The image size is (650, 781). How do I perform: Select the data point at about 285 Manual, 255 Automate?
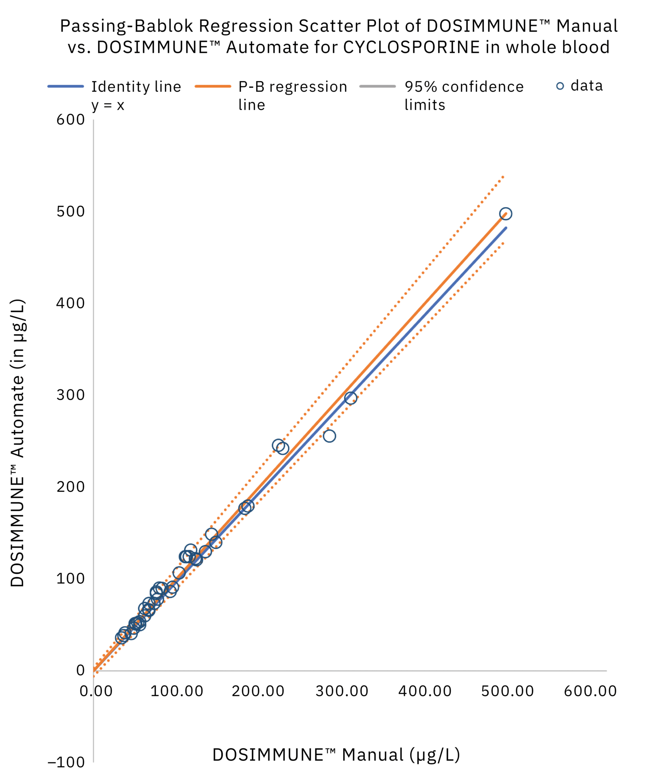click(329, 436)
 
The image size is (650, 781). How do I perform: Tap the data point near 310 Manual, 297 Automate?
click(350, 398)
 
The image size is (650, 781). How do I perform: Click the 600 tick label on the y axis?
click(71, 120)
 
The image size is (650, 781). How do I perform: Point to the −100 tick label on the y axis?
click(66, 762)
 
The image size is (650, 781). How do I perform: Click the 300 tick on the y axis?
click(71, 395)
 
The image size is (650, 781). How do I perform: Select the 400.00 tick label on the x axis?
click(425, 691)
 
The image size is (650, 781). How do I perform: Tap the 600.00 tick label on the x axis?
click(590, 691)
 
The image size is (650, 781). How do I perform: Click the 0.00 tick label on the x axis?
click(96, 691)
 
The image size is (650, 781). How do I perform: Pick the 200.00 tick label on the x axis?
click(258, 691)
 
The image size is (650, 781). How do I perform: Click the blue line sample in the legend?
click(66, 87)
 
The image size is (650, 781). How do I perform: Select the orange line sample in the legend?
click(213, 87)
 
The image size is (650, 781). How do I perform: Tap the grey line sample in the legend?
click(377, 87)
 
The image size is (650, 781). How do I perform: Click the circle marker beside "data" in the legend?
click(560, 86)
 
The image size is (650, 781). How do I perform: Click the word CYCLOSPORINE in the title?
click(411, 47)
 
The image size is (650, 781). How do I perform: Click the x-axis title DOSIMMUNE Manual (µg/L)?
click(336, 754)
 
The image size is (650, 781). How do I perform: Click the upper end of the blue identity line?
click(506, 228)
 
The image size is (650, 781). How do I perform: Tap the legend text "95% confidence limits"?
click(464, 95)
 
